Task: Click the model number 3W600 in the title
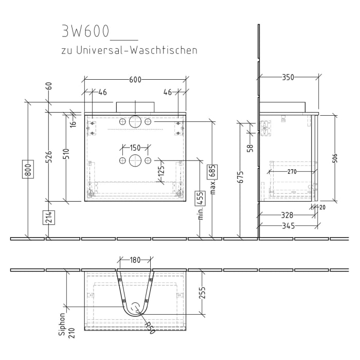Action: pyautogui.click(x=85, y=32)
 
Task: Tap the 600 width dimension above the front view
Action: pyautogui.click(x=135, y=79)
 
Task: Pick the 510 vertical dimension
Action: pyautogui.click(x=66, y=154)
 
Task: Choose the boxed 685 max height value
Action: pyautogui.click(x=211, y=171)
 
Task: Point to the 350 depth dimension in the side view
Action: pyautogui.click(x=288, y=78)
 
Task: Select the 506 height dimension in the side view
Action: pyautogui.click(x=335, y=158)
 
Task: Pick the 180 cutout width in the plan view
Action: pyautogui.click(x=135, y=260)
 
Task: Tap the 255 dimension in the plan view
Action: pyautogui.click(x=202, y=293)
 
